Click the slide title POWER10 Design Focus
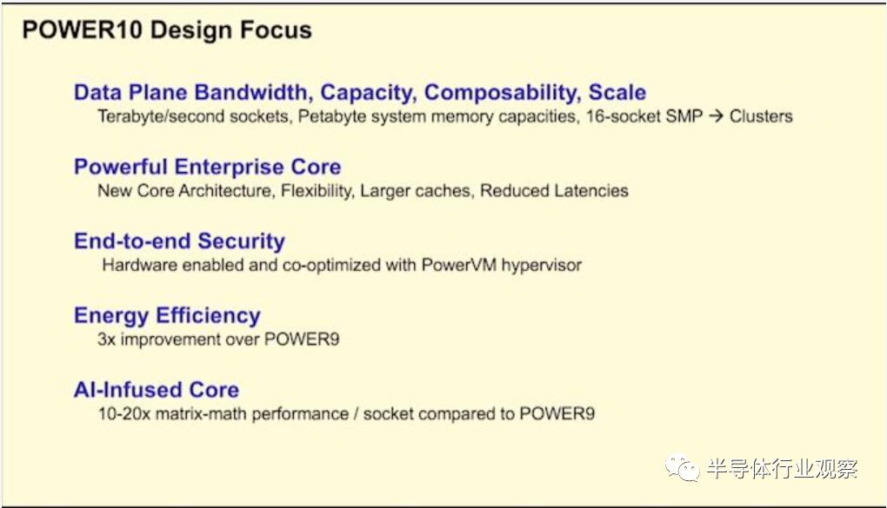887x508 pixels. [x=166, y=30]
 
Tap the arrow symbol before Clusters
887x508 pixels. [x=715, y=116]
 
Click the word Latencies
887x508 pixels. [x=594, y=191]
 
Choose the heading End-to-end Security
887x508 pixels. [x=179, y=241]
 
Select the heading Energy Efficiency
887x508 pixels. [x=167, y=316]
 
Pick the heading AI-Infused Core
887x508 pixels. [x=157, y=390]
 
